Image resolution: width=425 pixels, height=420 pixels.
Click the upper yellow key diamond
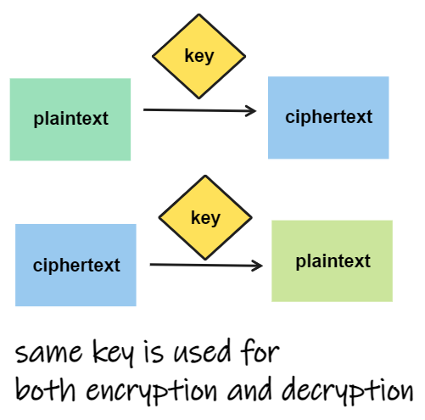199,56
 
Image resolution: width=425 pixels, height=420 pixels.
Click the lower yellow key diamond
205,217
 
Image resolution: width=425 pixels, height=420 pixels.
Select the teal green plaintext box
70,120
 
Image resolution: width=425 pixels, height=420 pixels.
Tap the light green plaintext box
332,261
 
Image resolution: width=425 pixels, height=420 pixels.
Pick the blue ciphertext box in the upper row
328,118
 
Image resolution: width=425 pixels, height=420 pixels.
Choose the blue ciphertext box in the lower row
75,265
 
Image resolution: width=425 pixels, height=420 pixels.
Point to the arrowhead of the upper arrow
255,111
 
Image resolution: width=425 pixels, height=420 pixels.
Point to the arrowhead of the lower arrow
262,266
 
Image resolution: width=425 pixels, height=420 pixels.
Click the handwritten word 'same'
48,353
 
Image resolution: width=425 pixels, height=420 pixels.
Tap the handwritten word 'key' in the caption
113,353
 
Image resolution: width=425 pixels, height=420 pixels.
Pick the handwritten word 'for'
260,351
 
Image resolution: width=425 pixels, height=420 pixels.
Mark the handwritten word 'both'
46,389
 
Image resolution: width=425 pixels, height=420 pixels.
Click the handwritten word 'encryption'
152,391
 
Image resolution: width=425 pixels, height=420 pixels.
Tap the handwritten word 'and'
249,389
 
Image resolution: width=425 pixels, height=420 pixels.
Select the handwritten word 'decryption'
348,391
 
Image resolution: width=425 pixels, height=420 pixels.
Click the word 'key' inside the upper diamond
199,56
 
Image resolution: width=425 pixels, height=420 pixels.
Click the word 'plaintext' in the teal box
70,119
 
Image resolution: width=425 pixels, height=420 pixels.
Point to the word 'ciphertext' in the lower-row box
76,266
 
